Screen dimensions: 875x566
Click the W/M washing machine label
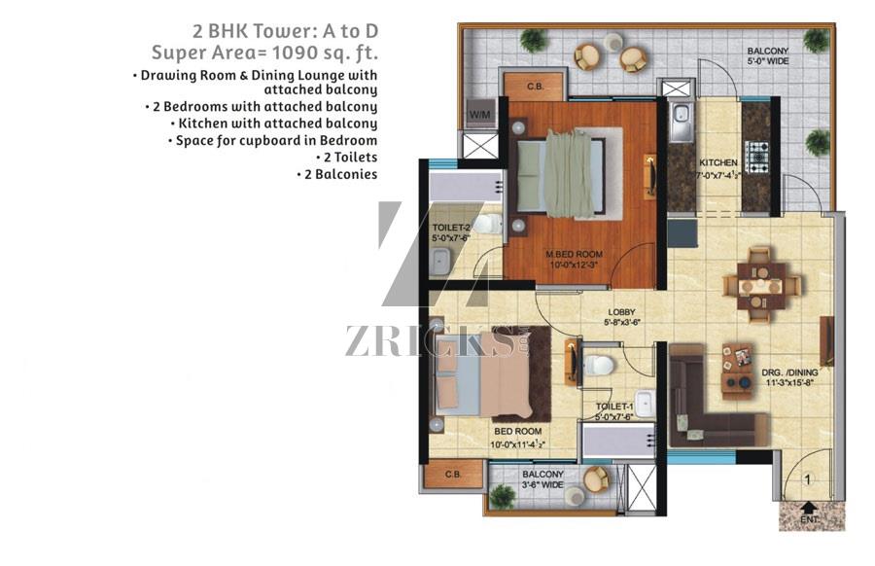(480, 115)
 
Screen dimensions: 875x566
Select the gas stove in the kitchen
(757, 157)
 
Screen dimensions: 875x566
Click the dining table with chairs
(761, 285)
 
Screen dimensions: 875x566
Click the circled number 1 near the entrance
(807, 478)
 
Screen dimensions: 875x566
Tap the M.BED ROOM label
(575, 255)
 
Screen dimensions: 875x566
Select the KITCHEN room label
(718, 162)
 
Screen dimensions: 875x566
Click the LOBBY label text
(621, 312)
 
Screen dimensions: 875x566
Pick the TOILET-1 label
(614, 407)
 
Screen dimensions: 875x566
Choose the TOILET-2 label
(451, 228)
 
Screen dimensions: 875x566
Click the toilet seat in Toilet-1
(599, 365)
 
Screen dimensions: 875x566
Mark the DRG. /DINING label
(789, 372)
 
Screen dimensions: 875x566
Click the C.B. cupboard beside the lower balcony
(453, 475)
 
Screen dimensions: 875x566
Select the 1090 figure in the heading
(294, 53)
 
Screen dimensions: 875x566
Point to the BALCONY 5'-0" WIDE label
(768, 56)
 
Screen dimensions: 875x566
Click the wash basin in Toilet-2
(440, 261)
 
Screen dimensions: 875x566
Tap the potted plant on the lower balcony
(502, 496)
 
